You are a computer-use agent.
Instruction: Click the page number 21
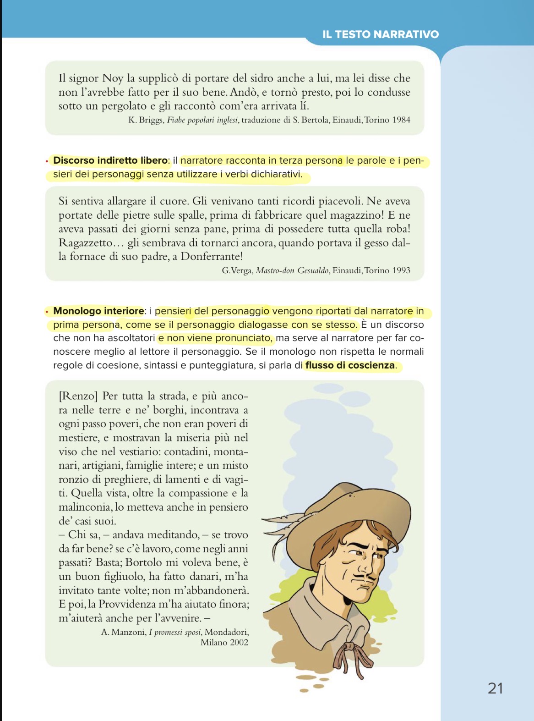496,688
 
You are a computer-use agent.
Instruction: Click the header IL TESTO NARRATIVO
381,34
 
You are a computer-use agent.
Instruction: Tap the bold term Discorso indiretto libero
110,160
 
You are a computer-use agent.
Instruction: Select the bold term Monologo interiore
98,311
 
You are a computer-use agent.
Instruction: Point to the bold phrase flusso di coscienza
350,365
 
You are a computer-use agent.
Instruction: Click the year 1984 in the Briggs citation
401,120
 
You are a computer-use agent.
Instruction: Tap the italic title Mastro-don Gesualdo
292,270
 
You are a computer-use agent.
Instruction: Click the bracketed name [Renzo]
78,396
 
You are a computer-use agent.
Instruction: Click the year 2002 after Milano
239,642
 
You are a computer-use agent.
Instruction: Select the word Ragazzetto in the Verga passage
86,243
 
